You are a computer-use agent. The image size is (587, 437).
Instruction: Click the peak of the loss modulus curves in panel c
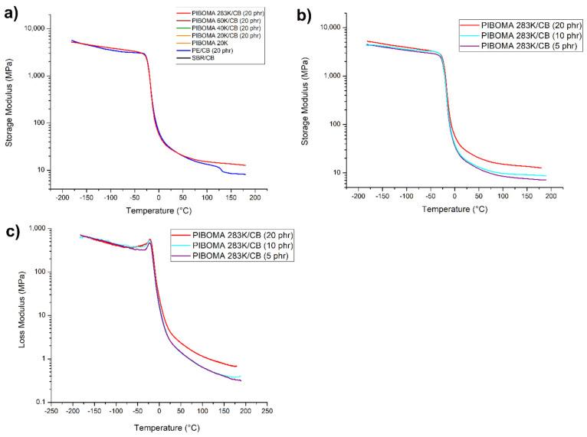coord(150,240)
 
